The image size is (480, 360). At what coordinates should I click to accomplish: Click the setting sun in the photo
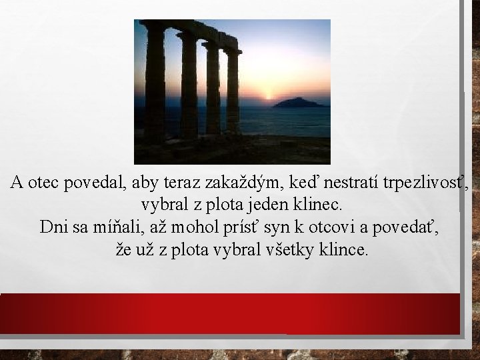[269, 97]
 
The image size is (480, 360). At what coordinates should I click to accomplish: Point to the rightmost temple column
[233, 93]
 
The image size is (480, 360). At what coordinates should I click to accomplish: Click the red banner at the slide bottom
[230, 313]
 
